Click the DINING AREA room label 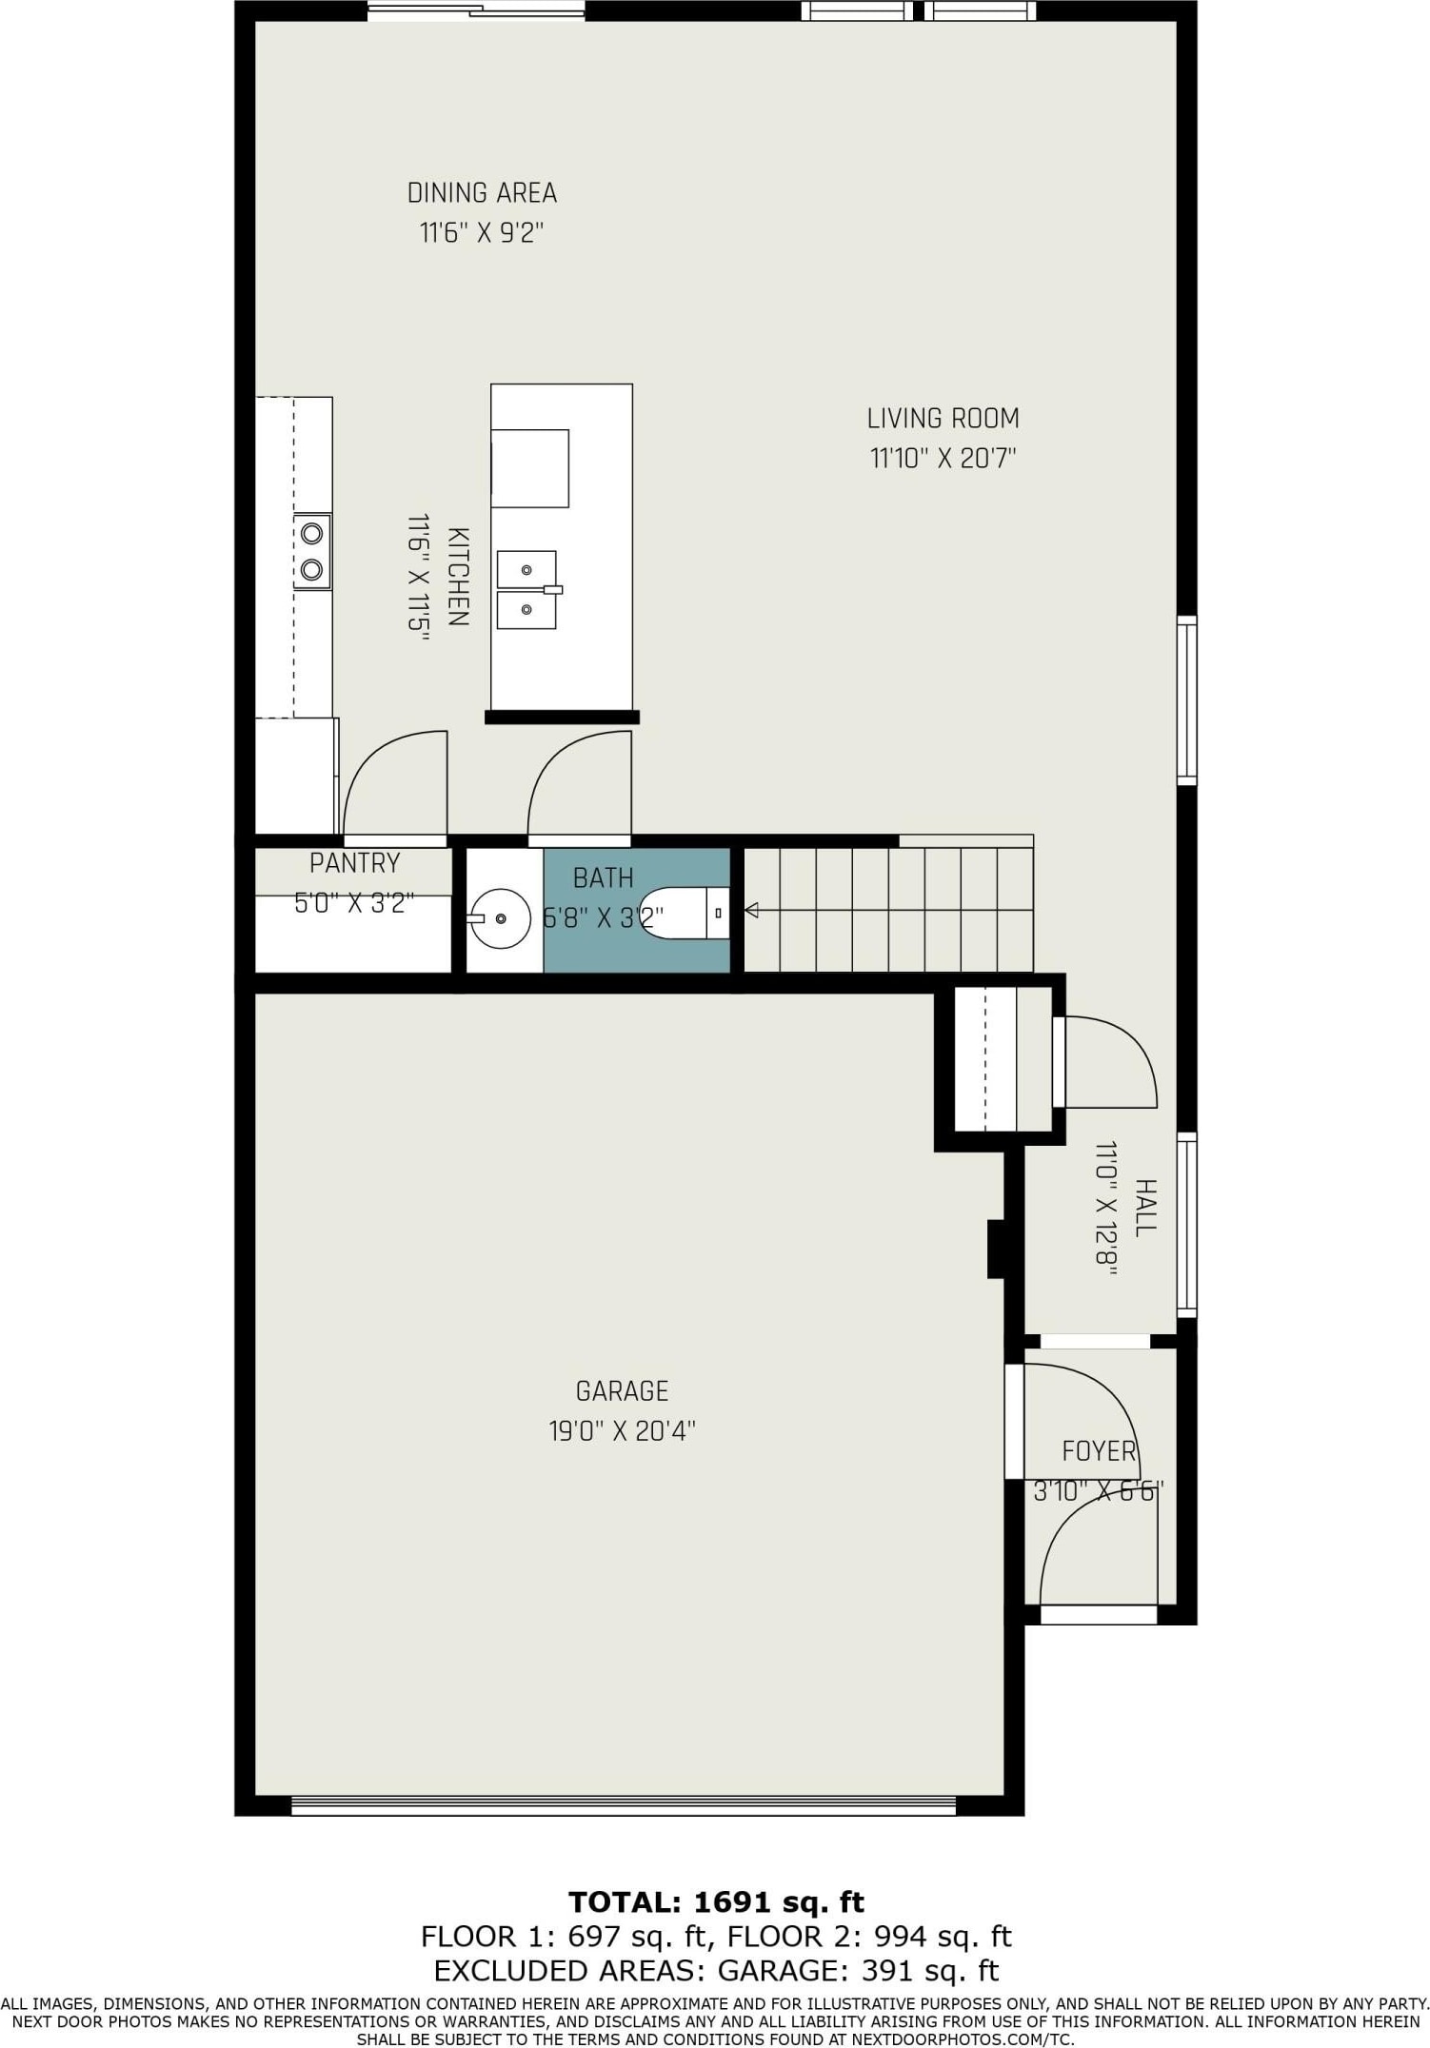click(x=482, y=193)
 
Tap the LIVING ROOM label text click(x=943, y=419)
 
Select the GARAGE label click(x=622, y=1391)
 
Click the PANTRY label click(x=354, y=863)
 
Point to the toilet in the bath click(x=685, y=913)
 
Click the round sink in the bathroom click(x=501, y=918)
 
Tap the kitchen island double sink click(x=527, y=590)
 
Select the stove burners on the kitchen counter click(x=311, y=552)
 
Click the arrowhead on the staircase click(x=751, y=911)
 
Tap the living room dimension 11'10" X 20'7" click(x=943, y=459)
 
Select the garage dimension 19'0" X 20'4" click(x=622, y=1431)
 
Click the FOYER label click(x=1099, y=1451)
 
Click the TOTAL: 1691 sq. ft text click(x=716, y=1902)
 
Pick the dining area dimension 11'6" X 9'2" click(x=482, y=233)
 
